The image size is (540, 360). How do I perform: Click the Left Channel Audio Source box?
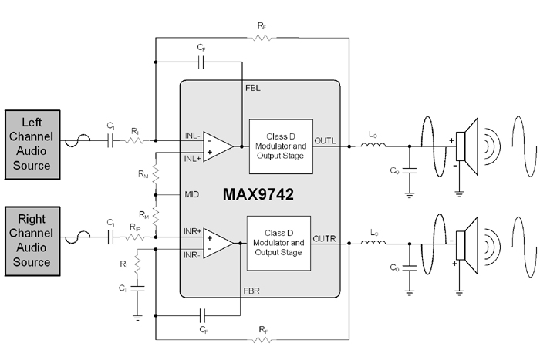(32, 145)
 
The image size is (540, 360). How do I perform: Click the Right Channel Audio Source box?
(32, 241)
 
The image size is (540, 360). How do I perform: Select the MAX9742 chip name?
(258, 194)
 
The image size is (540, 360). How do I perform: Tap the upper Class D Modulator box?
(281, 146)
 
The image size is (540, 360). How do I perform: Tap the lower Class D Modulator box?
(278, 243)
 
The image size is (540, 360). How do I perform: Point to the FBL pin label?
(253, 88)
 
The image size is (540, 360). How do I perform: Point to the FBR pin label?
(251, 291)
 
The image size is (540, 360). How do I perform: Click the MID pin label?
(192, 194)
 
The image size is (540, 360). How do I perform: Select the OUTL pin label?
(325, 141)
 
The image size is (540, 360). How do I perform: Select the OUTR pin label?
(324, 238)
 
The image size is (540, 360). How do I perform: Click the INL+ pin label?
(192, 159)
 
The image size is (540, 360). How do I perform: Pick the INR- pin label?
(192, 255)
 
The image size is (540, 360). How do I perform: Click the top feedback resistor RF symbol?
(262, 38)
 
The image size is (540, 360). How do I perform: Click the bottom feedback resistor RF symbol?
(262, 340)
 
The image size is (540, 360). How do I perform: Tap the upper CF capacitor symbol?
(201, 62)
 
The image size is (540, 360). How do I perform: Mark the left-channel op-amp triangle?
(218, 146)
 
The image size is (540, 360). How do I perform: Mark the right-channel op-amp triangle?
(218, 243)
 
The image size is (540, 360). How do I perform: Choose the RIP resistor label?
(135, 227)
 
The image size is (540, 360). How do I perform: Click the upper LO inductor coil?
(373, 146)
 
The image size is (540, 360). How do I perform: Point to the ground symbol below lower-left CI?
(137, 318)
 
